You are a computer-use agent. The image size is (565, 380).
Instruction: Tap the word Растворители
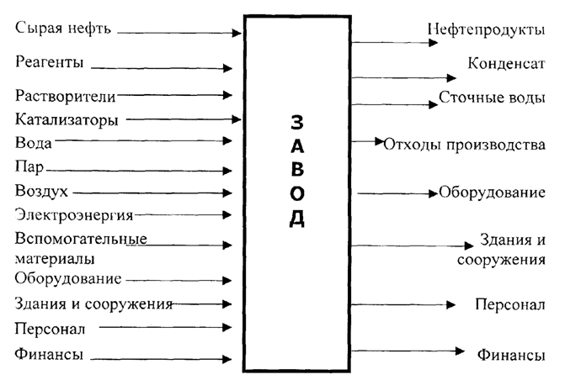click(x=64, y=95)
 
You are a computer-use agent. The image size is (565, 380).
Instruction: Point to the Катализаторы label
click(x=66, y=119)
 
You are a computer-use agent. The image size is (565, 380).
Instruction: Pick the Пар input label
click(x=29, y=166)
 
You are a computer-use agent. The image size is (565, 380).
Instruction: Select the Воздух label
click(x=41, y=190)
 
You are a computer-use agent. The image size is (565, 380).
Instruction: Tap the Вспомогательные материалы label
click(x=80, y=248)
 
